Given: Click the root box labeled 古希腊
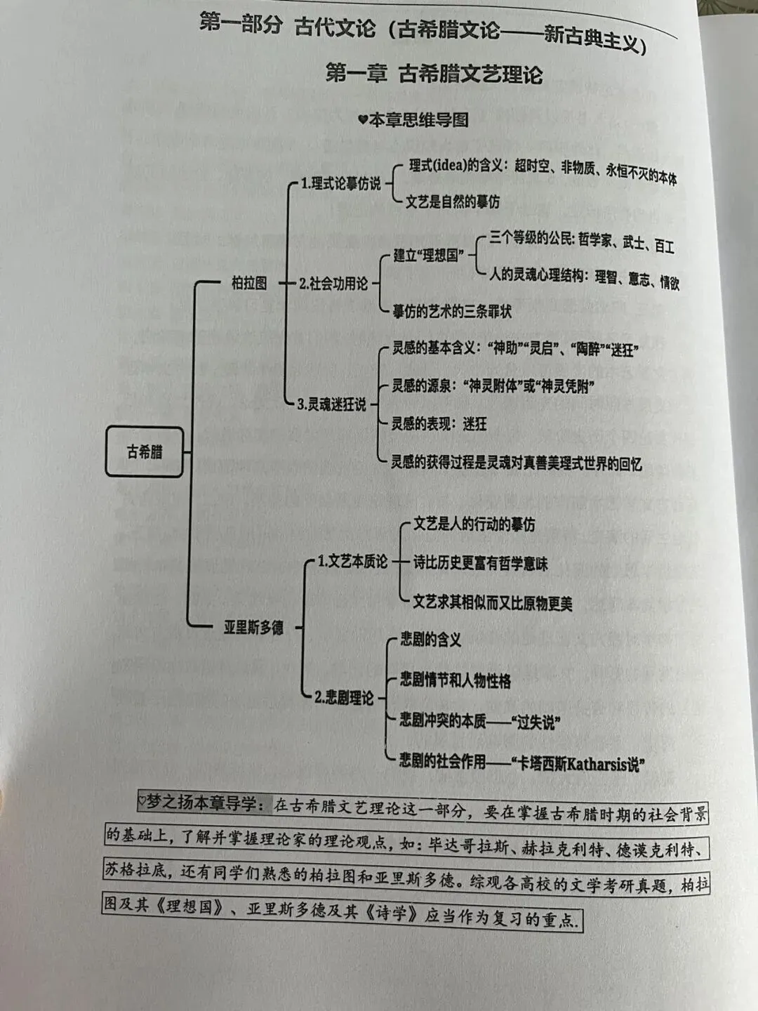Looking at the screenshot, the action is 145,451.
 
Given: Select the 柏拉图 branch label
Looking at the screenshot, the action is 249,283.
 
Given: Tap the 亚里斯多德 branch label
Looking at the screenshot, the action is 253,627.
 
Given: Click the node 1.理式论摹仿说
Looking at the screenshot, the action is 340,184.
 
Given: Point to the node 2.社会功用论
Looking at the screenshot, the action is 333,284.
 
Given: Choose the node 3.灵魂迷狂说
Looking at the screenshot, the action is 331,404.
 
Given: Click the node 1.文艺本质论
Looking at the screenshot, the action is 352,562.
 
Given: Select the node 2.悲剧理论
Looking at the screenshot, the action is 344,698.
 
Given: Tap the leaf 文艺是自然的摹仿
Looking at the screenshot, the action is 453,202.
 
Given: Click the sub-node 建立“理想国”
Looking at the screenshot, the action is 428,256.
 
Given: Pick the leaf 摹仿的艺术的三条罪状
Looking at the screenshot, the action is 452,311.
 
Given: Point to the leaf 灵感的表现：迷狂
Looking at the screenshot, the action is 439,424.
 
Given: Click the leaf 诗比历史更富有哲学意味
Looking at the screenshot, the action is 480,563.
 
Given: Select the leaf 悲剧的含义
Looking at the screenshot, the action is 430,639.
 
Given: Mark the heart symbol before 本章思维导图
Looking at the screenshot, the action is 362,120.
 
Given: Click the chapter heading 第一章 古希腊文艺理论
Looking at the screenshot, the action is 434,74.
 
